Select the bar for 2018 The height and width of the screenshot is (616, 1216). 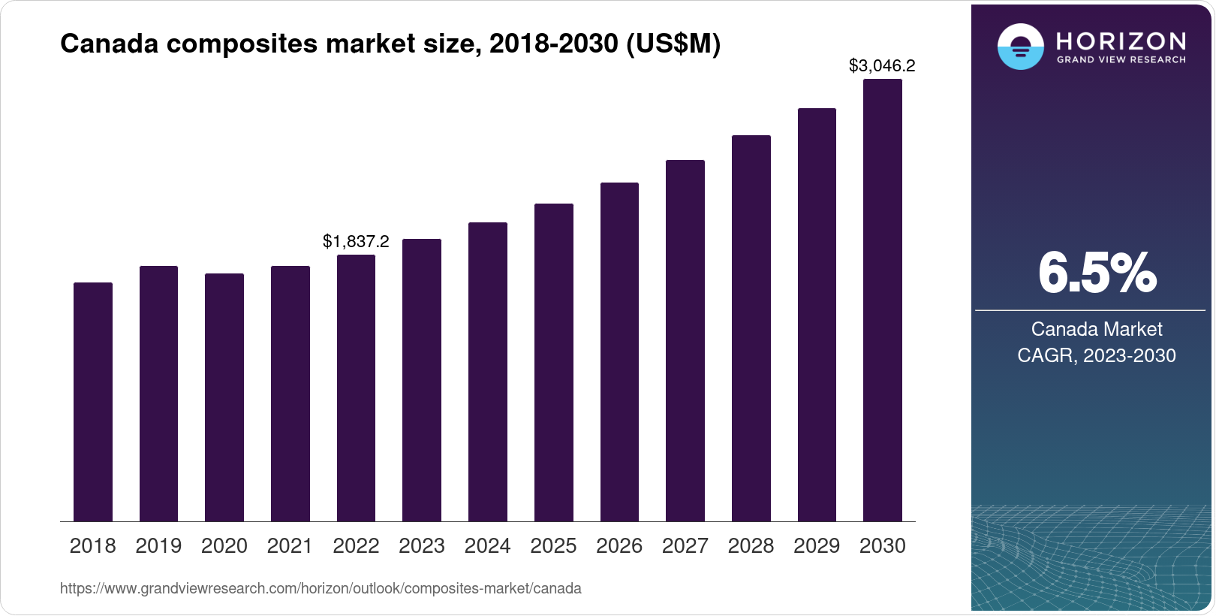click(x=93, y=402)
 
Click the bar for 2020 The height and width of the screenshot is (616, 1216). click(x=224, y=397)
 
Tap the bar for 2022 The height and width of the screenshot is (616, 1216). click(x=356, y=388)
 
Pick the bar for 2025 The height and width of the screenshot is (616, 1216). click(x=553, y=362)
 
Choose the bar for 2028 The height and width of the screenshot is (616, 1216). click(x=751, y=328)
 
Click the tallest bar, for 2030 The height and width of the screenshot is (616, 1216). click(x=882, y=300)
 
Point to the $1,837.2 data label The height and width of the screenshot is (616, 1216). click(x=356, y=241)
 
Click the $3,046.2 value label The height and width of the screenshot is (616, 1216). click(x=882, y=65)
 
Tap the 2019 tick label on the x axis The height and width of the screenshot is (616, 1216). click(x=158, y=546)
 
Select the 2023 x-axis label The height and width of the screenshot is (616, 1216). click(x=422, y=546)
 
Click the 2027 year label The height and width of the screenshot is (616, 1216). click(x=685, y=546)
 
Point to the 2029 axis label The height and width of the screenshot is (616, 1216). click(x=817, y=546)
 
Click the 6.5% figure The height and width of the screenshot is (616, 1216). click(x=1097, y=273)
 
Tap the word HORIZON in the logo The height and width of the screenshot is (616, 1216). click(x=1121, y=41)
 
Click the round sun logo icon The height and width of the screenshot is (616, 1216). click(x=1020, y=47)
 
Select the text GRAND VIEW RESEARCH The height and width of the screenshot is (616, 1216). click(x=1121, y=59)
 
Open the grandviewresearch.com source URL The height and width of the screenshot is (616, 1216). click(x=321, y=588)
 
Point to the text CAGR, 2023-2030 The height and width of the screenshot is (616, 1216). click(x=1097, y=355)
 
